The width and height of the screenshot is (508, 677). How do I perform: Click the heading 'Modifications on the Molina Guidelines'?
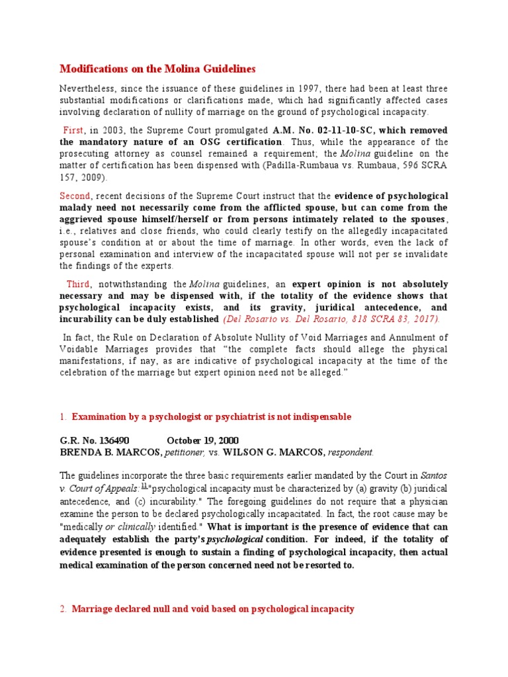coord(157,69)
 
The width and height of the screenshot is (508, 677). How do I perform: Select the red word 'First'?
coord(73,130)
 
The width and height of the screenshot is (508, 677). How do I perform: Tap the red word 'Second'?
coord(75,196)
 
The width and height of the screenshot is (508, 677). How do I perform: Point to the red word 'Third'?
coord(77,284)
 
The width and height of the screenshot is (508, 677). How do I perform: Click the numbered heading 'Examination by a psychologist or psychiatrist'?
coord(211,417)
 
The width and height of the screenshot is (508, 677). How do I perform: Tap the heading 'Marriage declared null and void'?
coord(212,609)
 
